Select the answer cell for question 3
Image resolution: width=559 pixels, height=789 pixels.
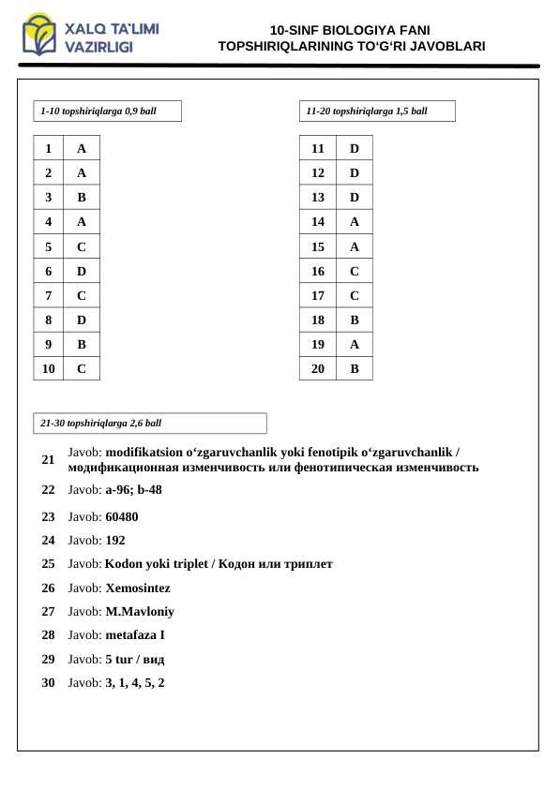click(x=82, y=198)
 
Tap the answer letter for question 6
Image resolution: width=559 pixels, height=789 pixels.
click(x=82, y=272)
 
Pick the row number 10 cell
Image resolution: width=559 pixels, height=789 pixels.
click(x=48, y=369)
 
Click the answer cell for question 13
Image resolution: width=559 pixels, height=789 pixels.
click(x=354, y=198)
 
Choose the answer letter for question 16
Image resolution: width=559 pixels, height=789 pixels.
click(x=354, y=272)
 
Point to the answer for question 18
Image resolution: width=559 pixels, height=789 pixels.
click(x=354, y=320)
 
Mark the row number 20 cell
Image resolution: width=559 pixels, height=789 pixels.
click(x=318, y=369)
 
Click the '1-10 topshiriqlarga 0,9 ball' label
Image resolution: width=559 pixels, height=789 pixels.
click(x=98, y=112)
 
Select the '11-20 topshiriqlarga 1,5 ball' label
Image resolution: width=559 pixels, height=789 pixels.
click(x=367, y=112)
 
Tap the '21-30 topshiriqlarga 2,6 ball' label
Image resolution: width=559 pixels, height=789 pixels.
click(x=101, y=424)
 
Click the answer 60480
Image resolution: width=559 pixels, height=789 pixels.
click(x=122, y=516)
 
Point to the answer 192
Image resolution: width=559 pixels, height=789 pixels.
click(x=115, y=541)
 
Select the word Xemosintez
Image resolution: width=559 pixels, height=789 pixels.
click(x=138, y=588)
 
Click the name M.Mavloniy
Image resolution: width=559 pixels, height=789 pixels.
click(x=140, y=612)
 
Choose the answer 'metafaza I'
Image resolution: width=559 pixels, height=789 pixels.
click(x=135, y=635)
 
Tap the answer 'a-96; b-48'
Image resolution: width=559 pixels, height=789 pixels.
click(x=133, y=490)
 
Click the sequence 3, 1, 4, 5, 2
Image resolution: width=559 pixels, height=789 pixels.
click(x=135, y=683)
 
